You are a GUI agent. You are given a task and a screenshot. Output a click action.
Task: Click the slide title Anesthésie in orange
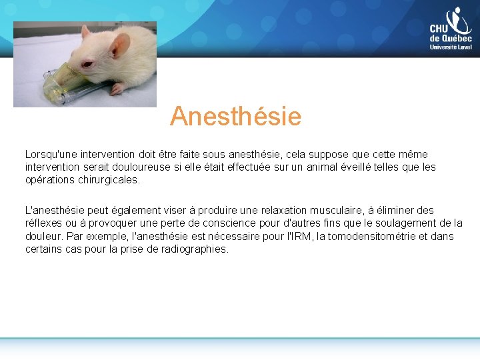(235, 117)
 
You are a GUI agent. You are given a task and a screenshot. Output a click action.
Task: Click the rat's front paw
(117, 88)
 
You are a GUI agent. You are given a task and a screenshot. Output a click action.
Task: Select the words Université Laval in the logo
(451, 47)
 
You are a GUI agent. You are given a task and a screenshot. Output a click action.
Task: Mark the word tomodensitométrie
(366, 236)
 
